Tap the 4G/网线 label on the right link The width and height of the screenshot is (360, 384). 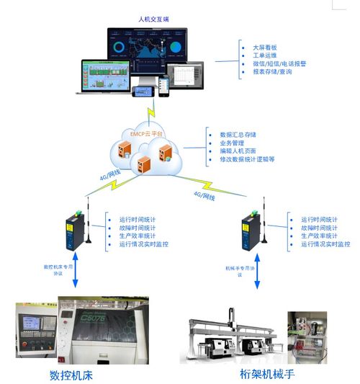click(205, 195)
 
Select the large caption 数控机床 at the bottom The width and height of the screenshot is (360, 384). click(71, 375)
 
